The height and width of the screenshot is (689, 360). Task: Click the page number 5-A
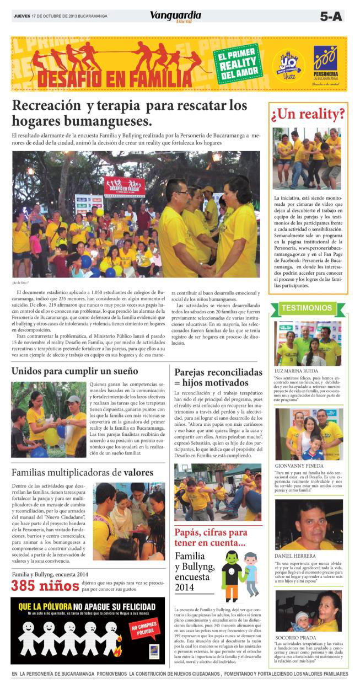(331, 17)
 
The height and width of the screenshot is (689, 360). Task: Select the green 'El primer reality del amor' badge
(238, 63)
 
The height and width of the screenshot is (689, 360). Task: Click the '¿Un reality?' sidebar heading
(308, 114)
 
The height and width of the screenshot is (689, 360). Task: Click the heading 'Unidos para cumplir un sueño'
(75, 370)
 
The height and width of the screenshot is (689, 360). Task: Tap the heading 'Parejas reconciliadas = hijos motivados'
(218, 377)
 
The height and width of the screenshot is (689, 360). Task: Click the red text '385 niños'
(45, 585)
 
